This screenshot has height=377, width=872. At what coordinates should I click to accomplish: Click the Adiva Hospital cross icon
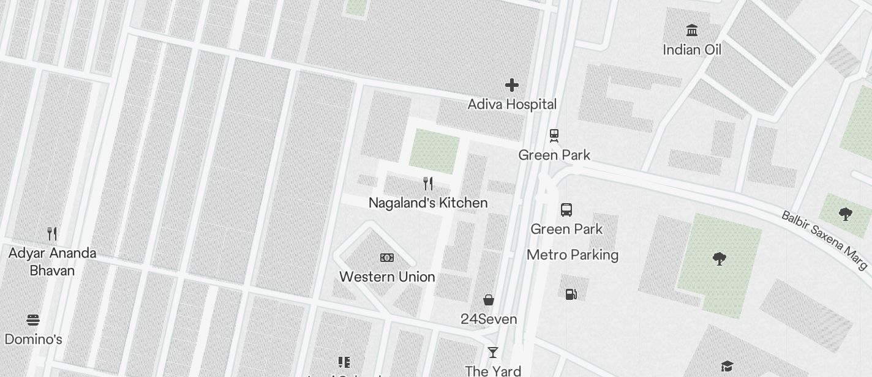[x=511, y=85]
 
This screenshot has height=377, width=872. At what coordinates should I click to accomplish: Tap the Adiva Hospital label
[x=512, y=104]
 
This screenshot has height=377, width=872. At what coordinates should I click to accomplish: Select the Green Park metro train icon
[x=554, y=135]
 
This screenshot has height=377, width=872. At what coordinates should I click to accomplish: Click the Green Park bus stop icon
[x=566, y=210]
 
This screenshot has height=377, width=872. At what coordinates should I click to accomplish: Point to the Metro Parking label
[x=573, y=255]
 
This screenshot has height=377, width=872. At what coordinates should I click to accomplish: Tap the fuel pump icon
[x=571, y=294]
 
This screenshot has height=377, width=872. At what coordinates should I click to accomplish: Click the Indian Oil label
[x=692, y=50]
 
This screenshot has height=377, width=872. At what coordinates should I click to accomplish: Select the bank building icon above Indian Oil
[x=692, y=30]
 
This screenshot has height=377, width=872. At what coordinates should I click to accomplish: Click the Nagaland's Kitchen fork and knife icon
[x=428, y=184]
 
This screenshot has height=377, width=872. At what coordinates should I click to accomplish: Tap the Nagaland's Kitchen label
[x=428, y=203]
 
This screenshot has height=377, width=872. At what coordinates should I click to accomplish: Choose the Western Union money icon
[x=387, y=258]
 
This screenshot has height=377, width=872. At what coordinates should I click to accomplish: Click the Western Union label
[x=387, y=277]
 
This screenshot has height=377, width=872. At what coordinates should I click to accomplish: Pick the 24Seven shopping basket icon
[x=489, y=300]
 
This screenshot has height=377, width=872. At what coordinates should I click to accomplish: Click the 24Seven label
[x=489, y=319]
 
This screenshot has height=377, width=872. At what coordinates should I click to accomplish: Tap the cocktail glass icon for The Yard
[x=492, y=353]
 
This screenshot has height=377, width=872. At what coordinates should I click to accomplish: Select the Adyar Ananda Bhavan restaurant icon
[x=52, y=233]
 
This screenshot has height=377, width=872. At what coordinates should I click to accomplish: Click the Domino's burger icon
[x=33, y=320]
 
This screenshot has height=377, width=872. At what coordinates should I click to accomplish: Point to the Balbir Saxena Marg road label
[x=824, y=240]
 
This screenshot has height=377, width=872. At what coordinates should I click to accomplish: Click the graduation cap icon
[x=726, y=366]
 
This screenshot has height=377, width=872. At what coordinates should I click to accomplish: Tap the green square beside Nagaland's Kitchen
[x=434, y=151]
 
